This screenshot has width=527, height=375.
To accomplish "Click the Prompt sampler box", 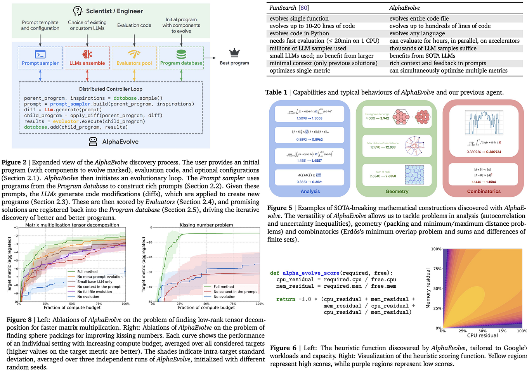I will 40,58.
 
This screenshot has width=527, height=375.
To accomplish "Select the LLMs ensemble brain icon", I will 87,54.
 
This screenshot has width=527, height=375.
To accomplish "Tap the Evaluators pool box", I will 134,58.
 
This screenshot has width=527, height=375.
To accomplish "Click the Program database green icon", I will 181,54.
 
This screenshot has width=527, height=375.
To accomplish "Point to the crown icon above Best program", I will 234,53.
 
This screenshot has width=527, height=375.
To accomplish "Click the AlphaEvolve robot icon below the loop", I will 93,142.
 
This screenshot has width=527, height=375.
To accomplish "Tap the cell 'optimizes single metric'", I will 300,71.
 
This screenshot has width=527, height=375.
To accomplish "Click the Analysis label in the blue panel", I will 310,191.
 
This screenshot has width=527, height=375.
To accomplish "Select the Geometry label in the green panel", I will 397,191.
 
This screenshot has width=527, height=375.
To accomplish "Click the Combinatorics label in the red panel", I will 484,191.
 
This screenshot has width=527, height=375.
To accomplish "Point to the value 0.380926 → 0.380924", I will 484,152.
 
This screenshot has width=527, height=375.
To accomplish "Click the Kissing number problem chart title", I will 206,225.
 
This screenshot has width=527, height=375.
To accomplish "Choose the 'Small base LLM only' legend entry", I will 95,282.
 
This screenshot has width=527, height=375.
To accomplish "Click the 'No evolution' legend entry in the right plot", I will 224,297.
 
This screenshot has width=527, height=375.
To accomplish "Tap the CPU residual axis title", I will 482,335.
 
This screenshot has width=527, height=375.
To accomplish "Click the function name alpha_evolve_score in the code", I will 311,273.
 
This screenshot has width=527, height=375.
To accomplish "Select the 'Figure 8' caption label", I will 19,320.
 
